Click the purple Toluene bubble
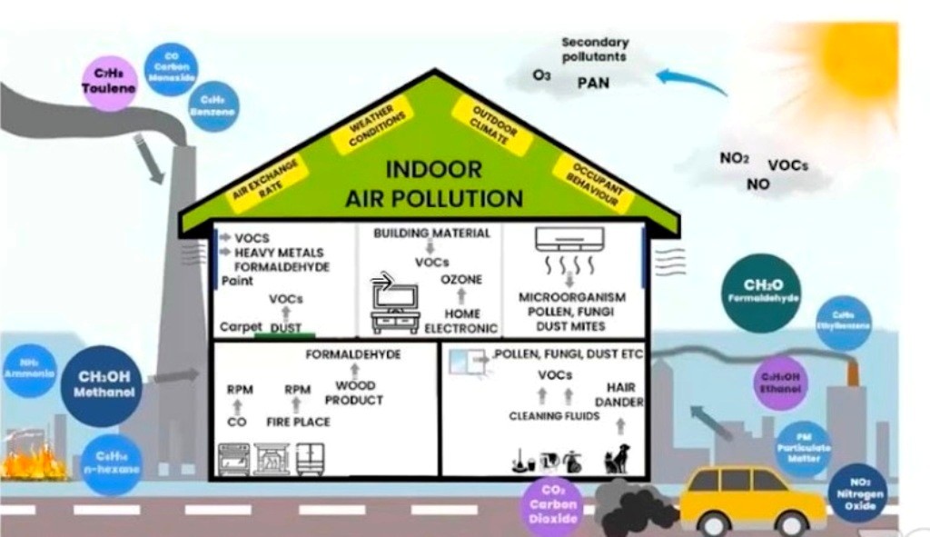tap(108, 83)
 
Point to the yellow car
tap(752, 497)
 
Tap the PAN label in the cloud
tap(593, 83)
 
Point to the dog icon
tap(618, 458)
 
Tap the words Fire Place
tap(298, 422)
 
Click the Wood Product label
tap(353, 393)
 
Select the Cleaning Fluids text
tap(554, 416)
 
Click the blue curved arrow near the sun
tap(689, 81)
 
